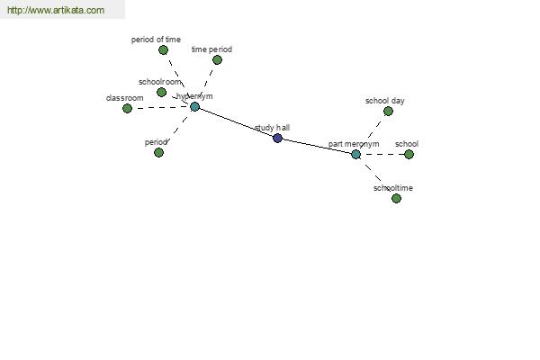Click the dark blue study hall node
[x=277, y=138]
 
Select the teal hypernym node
[x=195, y=107]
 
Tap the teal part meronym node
[x=356, y=154]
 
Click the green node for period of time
[x=163, y=50]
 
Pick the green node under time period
[x=217, y=60]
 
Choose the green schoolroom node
[x=161, y=92]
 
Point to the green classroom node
[x=128, y=109]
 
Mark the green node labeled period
[x=158, y=152]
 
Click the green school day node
[x=388, y=112]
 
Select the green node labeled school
[x=409, y=154]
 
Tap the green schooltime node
[x=396, y=198]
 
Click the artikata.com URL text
[x=56, y=10]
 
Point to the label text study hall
[x=273, y=128]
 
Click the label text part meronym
[x=354, y=144]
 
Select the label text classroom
[x=125, y=98]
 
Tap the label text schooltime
[x=393, y=188]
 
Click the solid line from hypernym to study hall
[x=236, y=122]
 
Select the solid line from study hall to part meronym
[x=317, y=147]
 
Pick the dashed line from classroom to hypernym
[x=161, y=107]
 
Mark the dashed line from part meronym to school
[x=382, y=154]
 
